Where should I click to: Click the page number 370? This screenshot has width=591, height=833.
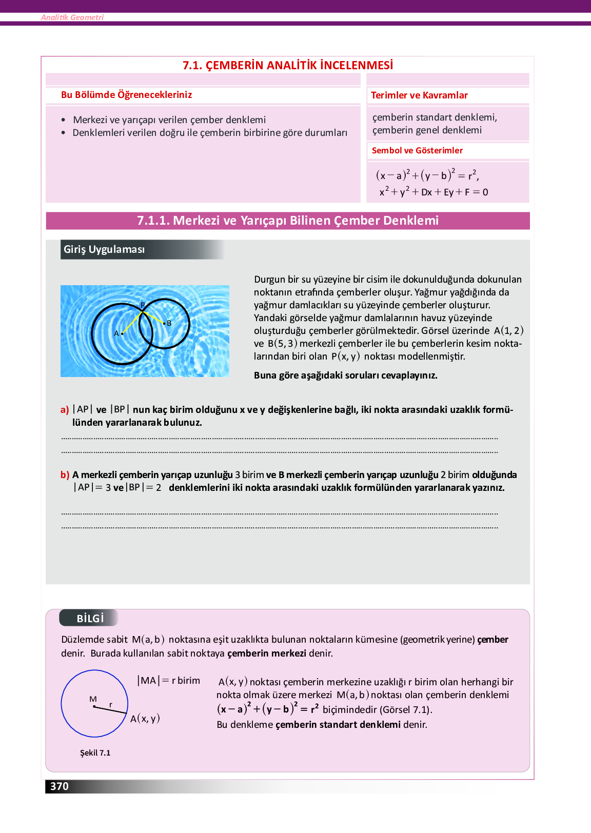pyautogui.click(x=60, y=786)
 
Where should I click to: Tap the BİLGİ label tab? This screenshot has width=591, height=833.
pyautogui.click(x=90, y=618)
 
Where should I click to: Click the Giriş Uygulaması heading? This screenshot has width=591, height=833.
pyautogui.click(x=104, y=250)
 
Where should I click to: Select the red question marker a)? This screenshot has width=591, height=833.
pyautogui.click(x=65, y=410)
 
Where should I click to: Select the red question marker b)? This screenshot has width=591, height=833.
pyautogui.click(x=65, y=475)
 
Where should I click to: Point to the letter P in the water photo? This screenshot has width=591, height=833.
pyautogui.click(x=143, y=305)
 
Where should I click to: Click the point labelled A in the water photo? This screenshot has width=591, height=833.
pyautogui.click(x=122, y=334)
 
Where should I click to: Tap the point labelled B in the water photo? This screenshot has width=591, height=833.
pyautogui.click(x=164, y=323)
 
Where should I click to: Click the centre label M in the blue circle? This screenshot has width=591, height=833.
pyautogui.click(x=93, y=699)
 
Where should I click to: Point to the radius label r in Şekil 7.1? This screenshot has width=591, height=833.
pyautogui.click(x=110, y=705)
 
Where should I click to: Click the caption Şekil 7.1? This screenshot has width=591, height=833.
pyautogui.click(x=95, y=753)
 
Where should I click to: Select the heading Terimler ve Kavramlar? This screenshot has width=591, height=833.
pyautogui.click(x=419, y=95)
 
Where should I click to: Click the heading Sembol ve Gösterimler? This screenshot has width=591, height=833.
pyautogui.click(x=417, y=151)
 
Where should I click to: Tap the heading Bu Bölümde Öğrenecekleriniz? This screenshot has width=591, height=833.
pyautogui.click(x=126, y=95)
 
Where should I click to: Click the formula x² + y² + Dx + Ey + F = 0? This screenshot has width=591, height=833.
pyautogui.click(x=434, y=192)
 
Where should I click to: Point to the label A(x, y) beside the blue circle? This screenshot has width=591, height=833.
pyautogui.click(x=145, y=719)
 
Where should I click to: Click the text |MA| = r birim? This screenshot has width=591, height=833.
pyautogui.click(x=168, y=681)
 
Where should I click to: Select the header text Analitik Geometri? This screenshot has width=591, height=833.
pyautogui.click(x=72, y=17)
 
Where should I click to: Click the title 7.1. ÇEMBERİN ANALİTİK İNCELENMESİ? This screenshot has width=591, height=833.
pyautogui.click(x=288, y=65)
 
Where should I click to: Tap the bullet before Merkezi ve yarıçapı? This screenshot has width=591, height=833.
pyautogui.click(x=63, y=120)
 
